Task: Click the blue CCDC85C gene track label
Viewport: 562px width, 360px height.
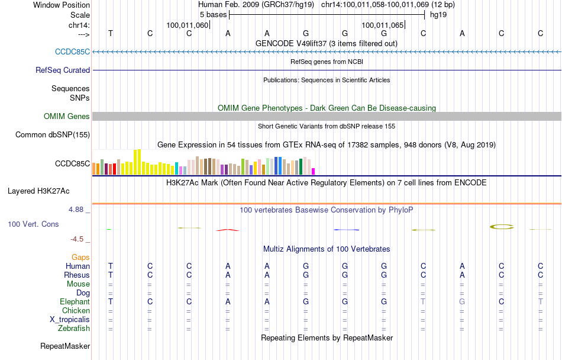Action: (x=72, y=52)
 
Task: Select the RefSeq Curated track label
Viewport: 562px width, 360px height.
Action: (x=63, y=70)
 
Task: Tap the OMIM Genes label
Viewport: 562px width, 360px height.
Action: (x=67, y=117)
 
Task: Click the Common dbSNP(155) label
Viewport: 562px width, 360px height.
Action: (x=53, y=135)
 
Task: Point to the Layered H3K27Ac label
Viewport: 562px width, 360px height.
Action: (x=38, y=191)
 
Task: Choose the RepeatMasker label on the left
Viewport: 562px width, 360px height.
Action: (x=65, y=346)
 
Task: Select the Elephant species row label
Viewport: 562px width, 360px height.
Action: (x=74, y=302)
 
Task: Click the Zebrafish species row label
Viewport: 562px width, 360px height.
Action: (x=74, y=328)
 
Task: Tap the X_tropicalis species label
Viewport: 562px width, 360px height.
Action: (x=70, y=319)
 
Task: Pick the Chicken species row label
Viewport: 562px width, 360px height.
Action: (x=76, y=310)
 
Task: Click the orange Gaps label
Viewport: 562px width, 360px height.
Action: (x=80, y=257)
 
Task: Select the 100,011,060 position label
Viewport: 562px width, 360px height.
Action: (x=188, y=25)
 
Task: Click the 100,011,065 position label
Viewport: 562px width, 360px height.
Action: (x=383, y=25)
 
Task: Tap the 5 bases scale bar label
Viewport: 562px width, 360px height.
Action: (x=213, y=14)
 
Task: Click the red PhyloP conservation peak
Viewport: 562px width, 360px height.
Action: (x=227, y=229)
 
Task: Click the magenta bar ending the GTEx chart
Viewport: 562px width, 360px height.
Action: (x=314, y=172)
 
